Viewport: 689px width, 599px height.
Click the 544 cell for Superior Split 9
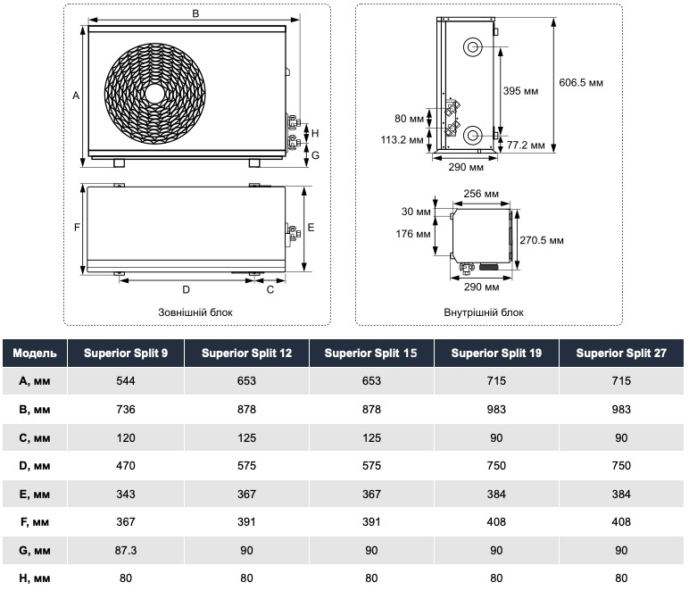point(126,380)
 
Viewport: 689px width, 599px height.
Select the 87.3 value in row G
point(126,550)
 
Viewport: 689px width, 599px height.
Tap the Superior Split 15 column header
point(370,353)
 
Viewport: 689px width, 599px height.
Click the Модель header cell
point(35,353)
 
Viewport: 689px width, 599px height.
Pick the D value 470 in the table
point(126,465)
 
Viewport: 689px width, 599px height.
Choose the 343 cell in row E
point(126,494)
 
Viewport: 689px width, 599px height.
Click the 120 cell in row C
point(126,437)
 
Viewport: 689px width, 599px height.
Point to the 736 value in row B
point(126,409)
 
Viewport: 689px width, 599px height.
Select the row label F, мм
point(35,522)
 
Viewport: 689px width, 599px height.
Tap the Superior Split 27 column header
point(621,353)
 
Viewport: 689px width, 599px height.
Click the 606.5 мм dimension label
point(581,82)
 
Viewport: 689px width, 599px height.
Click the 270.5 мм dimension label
point(542,240)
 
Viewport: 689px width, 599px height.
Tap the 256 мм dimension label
point(480,194)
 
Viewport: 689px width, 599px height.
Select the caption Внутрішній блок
point(484,312)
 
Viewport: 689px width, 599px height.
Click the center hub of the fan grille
point(155,92)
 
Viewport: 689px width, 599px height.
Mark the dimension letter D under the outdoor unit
point(186,289)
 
